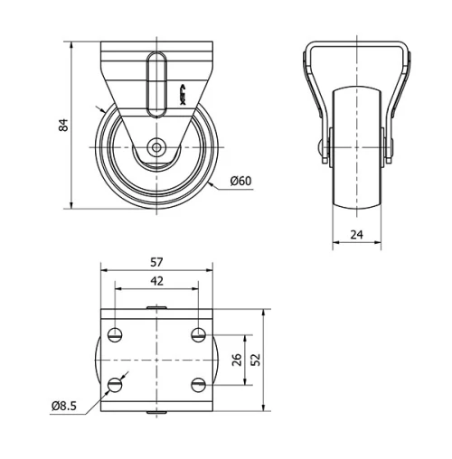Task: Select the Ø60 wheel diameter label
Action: tap(240, 181)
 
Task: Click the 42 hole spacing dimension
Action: tap(156, 281)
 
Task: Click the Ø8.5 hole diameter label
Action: tap(62, 406)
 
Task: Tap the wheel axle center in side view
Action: tap(157, 146)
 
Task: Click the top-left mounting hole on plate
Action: tap(115, 335)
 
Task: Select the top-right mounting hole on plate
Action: tap(198, 335)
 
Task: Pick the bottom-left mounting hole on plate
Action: tap(115, 385)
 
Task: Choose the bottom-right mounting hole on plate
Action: tap(198, 385)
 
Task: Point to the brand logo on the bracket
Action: tap(182, 93)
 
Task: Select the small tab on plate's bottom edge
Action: tap(156, 412)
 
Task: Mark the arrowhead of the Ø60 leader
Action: tap(208, 182)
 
